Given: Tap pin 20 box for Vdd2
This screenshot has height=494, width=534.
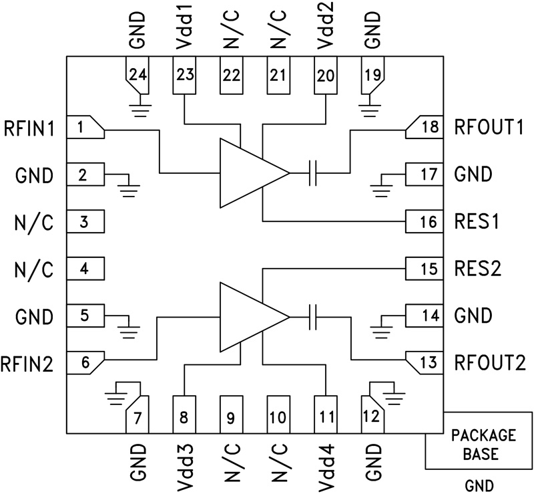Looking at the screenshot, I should point(325,75).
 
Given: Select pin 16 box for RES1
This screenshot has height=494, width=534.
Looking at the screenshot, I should point(425,221).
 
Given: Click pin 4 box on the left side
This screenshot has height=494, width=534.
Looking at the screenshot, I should point(85,269).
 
